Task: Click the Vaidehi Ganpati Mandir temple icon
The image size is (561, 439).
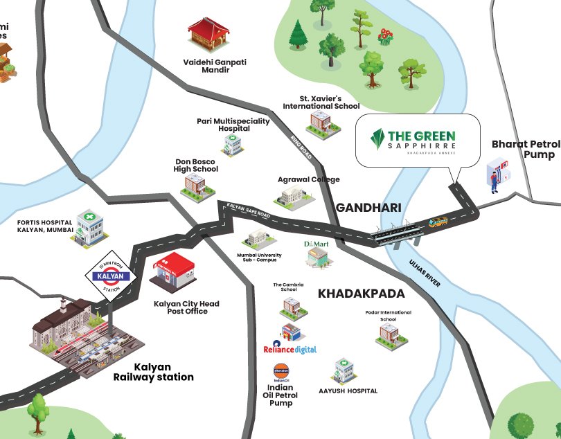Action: (208, 35)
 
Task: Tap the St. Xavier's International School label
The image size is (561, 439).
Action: (321, 102)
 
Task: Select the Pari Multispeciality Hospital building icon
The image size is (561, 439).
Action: (231, 144)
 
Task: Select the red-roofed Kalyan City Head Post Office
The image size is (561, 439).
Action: (173, 273)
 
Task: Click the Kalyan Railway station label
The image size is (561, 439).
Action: (153, 372)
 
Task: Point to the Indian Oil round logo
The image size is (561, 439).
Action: (282, 368)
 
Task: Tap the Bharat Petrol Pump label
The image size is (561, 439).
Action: (525, 149)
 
